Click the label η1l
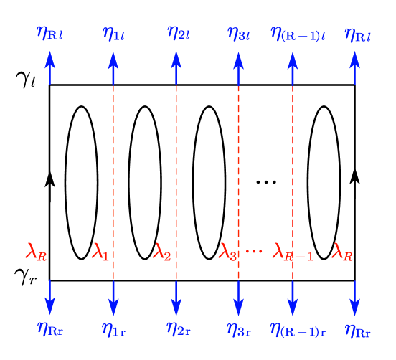point(113,33)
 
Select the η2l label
point(178,33)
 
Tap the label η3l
point(238,33)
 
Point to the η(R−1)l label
point(297,33)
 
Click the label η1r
point(113,329)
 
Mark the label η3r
point(238,329)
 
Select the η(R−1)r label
point(297,329)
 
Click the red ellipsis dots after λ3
point(254,251)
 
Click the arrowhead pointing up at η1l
point(113,60)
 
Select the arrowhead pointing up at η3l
point(238,60)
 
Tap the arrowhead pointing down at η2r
point(176,307)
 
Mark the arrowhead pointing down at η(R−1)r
point(292,307)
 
